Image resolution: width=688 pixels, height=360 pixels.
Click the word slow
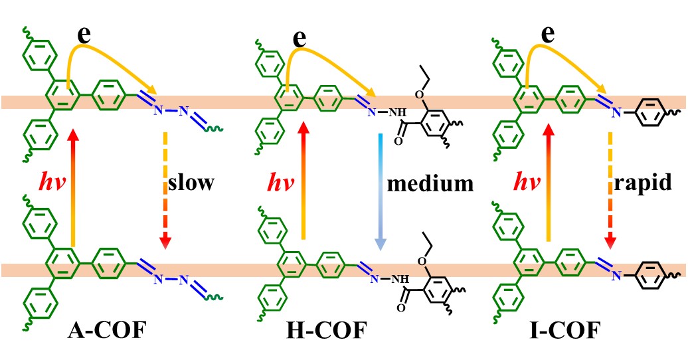[x=192, y=183]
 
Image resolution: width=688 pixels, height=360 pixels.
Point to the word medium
[x=430, y=183]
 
